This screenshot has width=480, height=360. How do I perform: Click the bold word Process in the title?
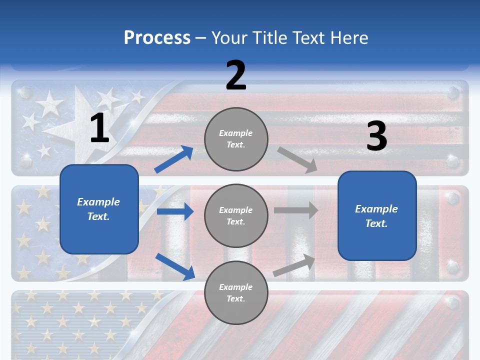(157, 38)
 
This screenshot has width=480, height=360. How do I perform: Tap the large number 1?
(99, 128)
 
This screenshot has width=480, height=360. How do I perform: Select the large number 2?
(236, 75)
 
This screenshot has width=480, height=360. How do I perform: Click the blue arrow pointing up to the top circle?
(173, 159)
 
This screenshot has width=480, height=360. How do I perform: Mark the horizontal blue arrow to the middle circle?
(175, 211)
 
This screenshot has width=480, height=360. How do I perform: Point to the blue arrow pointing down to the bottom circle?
(175, 266)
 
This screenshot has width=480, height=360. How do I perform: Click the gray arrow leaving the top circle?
(297, 159)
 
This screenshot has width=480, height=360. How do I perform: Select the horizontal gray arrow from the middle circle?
(296, 210)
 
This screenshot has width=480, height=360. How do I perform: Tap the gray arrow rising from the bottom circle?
(294, 265)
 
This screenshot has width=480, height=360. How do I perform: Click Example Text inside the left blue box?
(98, 209)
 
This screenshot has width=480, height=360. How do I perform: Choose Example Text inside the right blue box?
(376, 216)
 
